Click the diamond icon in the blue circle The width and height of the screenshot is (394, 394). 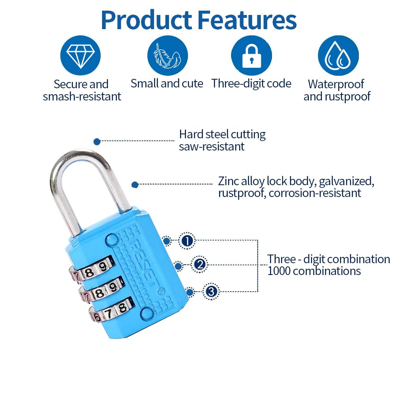click(80, 56)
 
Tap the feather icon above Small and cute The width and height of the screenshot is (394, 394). click(167, 56)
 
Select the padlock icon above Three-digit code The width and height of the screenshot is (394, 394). click(251, 56)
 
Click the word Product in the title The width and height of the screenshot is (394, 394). click(147, 20)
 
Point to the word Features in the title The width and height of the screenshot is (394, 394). click(247, 20)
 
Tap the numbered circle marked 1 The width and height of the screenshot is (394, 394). click(187, 241)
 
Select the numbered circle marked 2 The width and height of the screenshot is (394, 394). click(199, 264)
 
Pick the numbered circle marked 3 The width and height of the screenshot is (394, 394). click(211, 291)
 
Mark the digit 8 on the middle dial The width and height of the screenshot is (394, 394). click(100, 293)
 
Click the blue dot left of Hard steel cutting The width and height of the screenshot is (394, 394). click(97, 141)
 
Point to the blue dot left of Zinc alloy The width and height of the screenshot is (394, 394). click(135, 185)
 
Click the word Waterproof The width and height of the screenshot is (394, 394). click(336, 84)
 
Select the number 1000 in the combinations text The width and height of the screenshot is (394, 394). click(279, 271)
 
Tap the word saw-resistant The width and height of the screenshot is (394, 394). click(212, 147)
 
